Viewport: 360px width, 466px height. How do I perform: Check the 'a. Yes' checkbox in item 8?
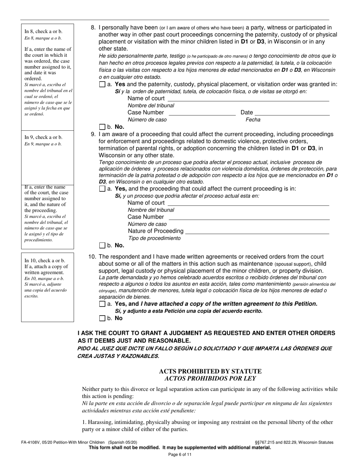point(102,84)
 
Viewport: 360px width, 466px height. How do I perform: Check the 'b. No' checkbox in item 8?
point(102,127)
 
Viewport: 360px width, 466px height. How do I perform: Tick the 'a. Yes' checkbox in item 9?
point(102,189)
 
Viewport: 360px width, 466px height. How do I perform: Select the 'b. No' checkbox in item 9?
point(102,246)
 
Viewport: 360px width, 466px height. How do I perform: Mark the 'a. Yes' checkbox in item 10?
point(102,304)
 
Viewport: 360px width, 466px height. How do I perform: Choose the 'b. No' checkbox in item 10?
point(102,318)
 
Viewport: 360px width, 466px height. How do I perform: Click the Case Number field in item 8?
point(202,113)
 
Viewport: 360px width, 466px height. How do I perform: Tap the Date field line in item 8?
point(292,113)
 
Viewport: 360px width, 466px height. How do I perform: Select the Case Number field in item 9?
point(249,217)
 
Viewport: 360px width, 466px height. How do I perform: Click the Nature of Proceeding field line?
point(257,231)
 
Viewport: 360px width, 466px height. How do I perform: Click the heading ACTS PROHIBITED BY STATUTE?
point(210,371)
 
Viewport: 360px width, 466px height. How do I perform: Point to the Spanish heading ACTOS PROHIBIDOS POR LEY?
point(210,378)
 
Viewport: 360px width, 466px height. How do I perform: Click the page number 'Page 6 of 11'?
point(180,455)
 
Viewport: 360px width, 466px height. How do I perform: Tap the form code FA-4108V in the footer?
point(32,442)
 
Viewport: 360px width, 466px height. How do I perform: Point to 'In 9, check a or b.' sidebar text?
point(44,137)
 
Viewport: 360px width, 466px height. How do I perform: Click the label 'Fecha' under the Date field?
point(253,120)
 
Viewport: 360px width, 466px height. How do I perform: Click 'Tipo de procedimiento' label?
point(155,238)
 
